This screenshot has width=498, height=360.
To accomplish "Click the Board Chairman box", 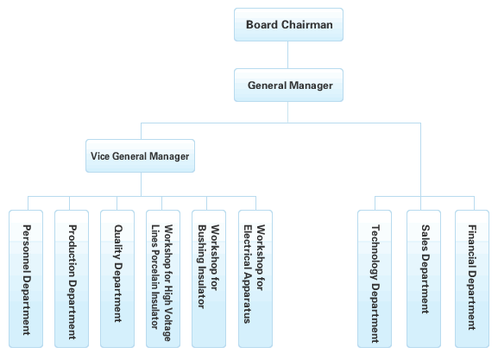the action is click(x=288, y=24).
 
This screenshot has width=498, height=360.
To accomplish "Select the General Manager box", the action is click(x=288, y=85).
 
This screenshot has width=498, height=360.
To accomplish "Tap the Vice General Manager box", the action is click(x=140, y=155).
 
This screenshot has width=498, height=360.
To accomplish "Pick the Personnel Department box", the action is click(x=26, y=279).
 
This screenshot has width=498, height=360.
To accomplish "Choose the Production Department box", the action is click(x=72, y=279).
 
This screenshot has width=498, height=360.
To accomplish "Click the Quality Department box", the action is click(x=117, y=279).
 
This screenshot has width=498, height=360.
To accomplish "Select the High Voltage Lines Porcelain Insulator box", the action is click(x=163, y=279).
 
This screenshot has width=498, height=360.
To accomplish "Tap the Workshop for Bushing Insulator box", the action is click(x=209, y=279).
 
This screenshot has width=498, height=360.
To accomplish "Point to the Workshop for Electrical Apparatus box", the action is click(x=255, y=279).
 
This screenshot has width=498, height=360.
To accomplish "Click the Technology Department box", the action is click(x=375, y=279).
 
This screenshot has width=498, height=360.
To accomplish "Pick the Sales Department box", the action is click(x=424, y=279).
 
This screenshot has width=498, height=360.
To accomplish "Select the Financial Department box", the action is click(x=472, y=279).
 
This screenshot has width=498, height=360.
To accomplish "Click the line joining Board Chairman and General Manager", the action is click(x=287, y=54).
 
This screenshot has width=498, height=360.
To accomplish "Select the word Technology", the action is click(x=375, y=252).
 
